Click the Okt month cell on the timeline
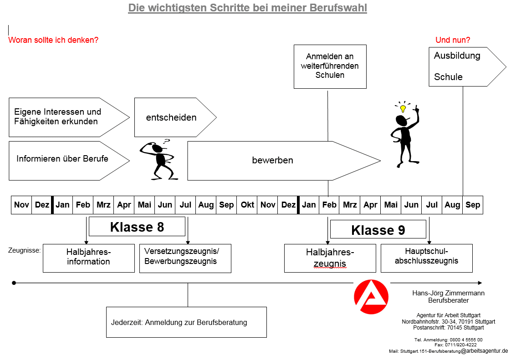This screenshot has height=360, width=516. [247, 205]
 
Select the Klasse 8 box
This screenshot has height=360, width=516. [137, 227]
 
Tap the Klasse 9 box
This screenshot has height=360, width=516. [378, 229]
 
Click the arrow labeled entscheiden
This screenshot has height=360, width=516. [175, 117]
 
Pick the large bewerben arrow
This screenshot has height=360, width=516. [284, 161]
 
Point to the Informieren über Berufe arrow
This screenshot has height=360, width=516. [69, 161]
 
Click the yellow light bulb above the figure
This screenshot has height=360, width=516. [403, 108]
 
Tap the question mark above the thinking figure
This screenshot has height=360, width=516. [167, 142]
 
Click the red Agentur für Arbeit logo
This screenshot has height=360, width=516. [371, 297]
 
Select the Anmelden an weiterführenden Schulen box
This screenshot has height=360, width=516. [330, 66]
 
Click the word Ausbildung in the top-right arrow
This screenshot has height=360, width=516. [457, 56]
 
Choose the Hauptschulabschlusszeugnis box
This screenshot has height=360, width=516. [426, 258]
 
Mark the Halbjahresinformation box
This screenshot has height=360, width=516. [89, 258]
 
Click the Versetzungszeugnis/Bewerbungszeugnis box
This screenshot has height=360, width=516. [185, 258]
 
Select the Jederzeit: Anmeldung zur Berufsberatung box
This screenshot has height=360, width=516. [186, 322]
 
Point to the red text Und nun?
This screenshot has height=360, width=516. [453, 40]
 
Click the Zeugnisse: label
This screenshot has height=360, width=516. [24, 250]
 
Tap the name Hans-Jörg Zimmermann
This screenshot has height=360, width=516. [448, 293]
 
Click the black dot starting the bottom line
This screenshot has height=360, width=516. [14, 283]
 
